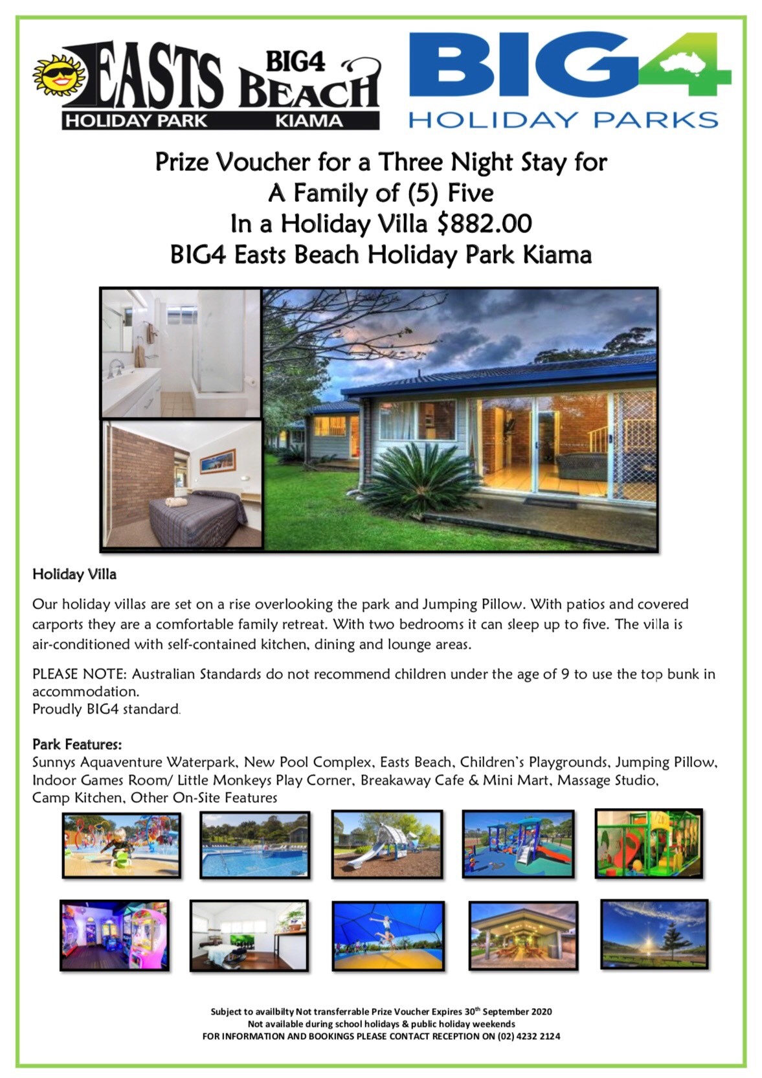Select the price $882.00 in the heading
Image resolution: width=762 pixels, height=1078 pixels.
(484, 224)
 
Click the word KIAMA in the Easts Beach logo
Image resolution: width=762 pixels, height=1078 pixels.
(309, 120)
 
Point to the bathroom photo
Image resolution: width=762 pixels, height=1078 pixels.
(181, 353)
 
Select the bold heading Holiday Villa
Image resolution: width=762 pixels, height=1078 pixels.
(74, 574)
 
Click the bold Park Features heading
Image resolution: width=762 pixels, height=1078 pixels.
(77, 745)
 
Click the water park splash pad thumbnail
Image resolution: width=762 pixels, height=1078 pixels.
(122, 844)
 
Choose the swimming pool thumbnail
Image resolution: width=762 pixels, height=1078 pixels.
(255, 844)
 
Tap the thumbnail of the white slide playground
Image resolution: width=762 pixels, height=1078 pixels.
(387, 844)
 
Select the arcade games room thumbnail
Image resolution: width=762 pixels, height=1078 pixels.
(115, 935)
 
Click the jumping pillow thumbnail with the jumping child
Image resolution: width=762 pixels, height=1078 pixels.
(388, 936)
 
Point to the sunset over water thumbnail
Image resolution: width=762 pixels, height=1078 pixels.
(654, 934)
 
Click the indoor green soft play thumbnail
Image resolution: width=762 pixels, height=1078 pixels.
(649, 843)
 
